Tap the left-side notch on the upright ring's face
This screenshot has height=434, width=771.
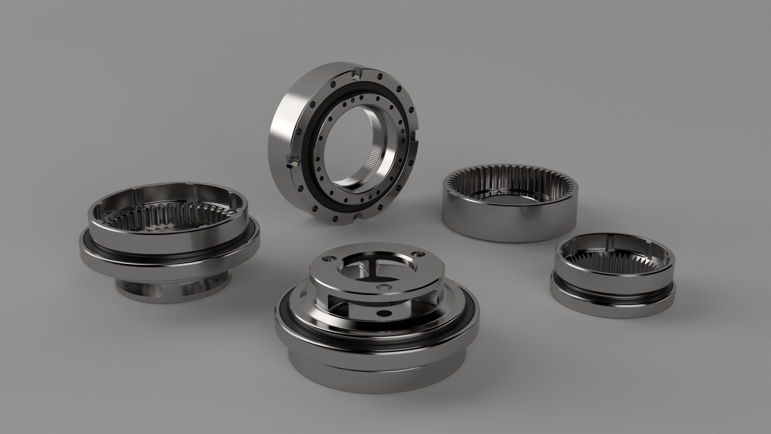291,161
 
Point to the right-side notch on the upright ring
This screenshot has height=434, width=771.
415,136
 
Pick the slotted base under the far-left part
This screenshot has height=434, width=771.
169,288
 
